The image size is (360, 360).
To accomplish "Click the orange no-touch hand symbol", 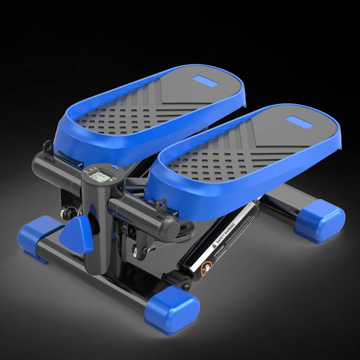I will (x=207, y=267).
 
